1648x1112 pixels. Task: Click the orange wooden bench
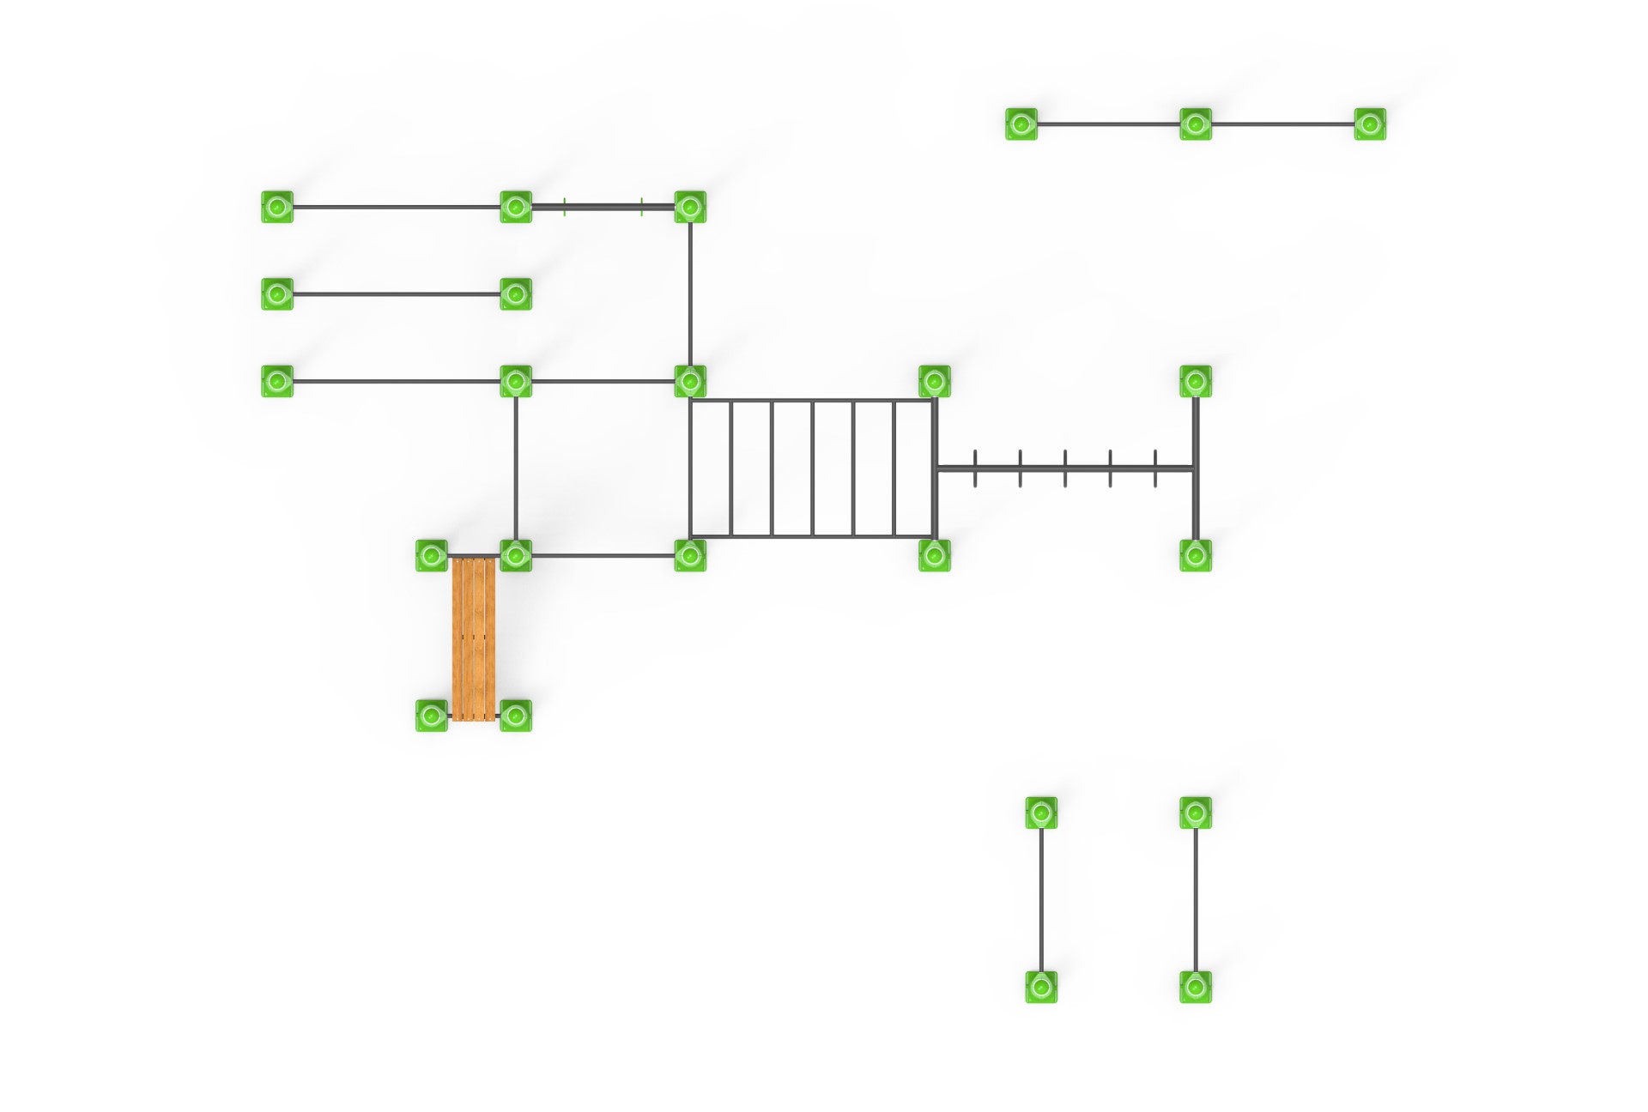point(474,638)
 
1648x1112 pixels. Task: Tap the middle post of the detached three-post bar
point(1196,124)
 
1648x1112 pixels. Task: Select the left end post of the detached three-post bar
point(1021,124)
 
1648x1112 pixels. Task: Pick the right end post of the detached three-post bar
point(1370,124)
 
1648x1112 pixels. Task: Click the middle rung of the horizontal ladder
point(813,468)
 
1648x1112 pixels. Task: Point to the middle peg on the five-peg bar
point(1065,468)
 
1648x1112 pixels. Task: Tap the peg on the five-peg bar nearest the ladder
point(975,468)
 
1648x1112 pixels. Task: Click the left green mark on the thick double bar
point(565,207)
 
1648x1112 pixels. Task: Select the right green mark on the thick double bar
point(641,207)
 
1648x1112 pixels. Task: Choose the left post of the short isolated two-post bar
point(277,294)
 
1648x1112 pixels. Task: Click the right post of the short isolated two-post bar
point(516,294)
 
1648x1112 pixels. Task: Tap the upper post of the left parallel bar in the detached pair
point(1041,813)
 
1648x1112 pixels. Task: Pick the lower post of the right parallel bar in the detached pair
point(1196,987)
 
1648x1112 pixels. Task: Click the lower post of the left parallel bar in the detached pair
point(1041,987)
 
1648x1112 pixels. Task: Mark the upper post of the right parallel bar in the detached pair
point(1196,813)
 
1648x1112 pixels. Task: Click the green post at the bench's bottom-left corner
point(432,716)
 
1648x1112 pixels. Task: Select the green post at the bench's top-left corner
point(432,555)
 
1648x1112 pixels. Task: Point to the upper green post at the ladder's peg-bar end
point(935,381)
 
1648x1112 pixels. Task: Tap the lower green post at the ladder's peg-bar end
point(935,555)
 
